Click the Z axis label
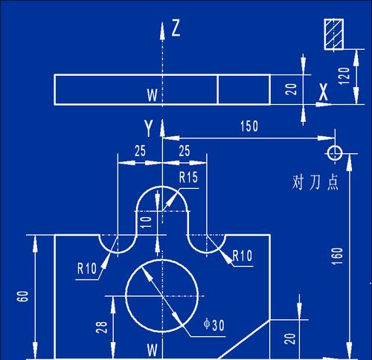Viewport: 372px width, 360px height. coord(176,28)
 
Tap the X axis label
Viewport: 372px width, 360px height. coord(324,91)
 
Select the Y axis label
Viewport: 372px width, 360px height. coord(148,127)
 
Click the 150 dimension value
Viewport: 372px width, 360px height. coord(249,126)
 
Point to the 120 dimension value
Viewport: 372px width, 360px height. coord(344,76)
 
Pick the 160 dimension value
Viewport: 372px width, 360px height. coord(337,256)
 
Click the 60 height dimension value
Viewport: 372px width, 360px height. coord(22,296)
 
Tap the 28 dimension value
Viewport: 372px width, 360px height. coord(102,327)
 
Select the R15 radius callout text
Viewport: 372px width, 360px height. coord(188,177)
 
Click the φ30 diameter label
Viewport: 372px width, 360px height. coord(214,324)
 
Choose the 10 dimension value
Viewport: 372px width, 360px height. coord(146,222)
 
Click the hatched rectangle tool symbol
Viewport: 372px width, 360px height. coord(334,34)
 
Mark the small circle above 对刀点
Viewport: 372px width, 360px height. coord(335,152)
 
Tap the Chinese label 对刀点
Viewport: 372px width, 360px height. coord(315,182)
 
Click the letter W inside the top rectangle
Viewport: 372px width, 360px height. coord(153,94)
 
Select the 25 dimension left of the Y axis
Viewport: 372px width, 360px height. coord(140,150)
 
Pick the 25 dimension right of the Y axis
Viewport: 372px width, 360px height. coord(185,150)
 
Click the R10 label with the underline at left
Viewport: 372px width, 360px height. coord(87,269)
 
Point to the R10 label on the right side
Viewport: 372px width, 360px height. coord(243,256)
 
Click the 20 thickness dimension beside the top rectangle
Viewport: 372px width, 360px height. coord(291,89)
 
